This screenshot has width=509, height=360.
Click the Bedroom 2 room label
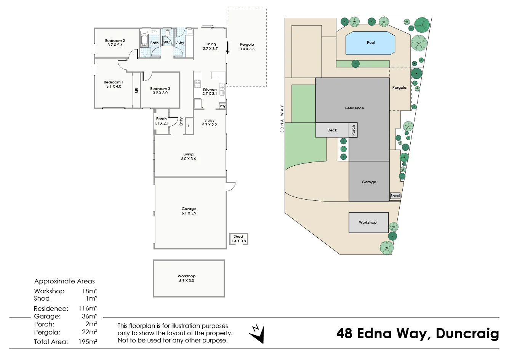coord(115,43)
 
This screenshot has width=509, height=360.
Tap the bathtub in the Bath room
coord(144,41)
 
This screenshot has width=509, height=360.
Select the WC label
coord(167,42)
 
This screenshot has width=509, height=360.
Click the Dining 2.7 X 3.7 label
coord(210,46)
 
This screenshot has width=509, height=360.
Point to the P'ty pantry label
coord(222,106)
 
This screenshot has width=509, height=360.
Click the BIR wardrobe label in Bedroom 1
coord(136,90)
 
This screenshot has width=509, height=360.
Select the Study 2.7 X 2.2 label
coord(210,122)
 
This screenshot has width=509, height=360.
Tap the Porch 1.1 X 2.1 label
coord(162,121)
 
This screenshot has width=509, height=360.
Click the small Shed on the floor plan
coord(239,239)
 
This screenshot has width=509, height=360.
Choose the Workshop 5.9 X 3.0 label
coord(187,278)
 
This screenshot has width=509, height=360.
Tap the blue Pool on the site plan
coord(370,43)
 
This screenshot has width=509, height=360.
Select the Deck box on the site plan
coord(332,130)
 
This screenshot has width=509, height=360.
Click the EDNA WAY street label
coord(282,118)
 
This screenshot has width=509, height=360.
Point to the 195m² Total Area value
coord(88,342)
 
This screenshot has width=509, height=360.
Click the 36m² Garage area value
coord(89,316)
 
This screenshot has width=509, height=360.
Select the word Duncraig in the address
coord(467,333)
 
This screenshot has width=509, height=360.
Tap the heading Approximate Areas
coord(64,281)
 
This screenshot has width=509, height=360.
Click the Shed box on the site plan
coord(395,196)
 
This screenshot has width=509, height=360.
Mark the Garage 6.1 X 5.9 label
coord(189,211)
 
